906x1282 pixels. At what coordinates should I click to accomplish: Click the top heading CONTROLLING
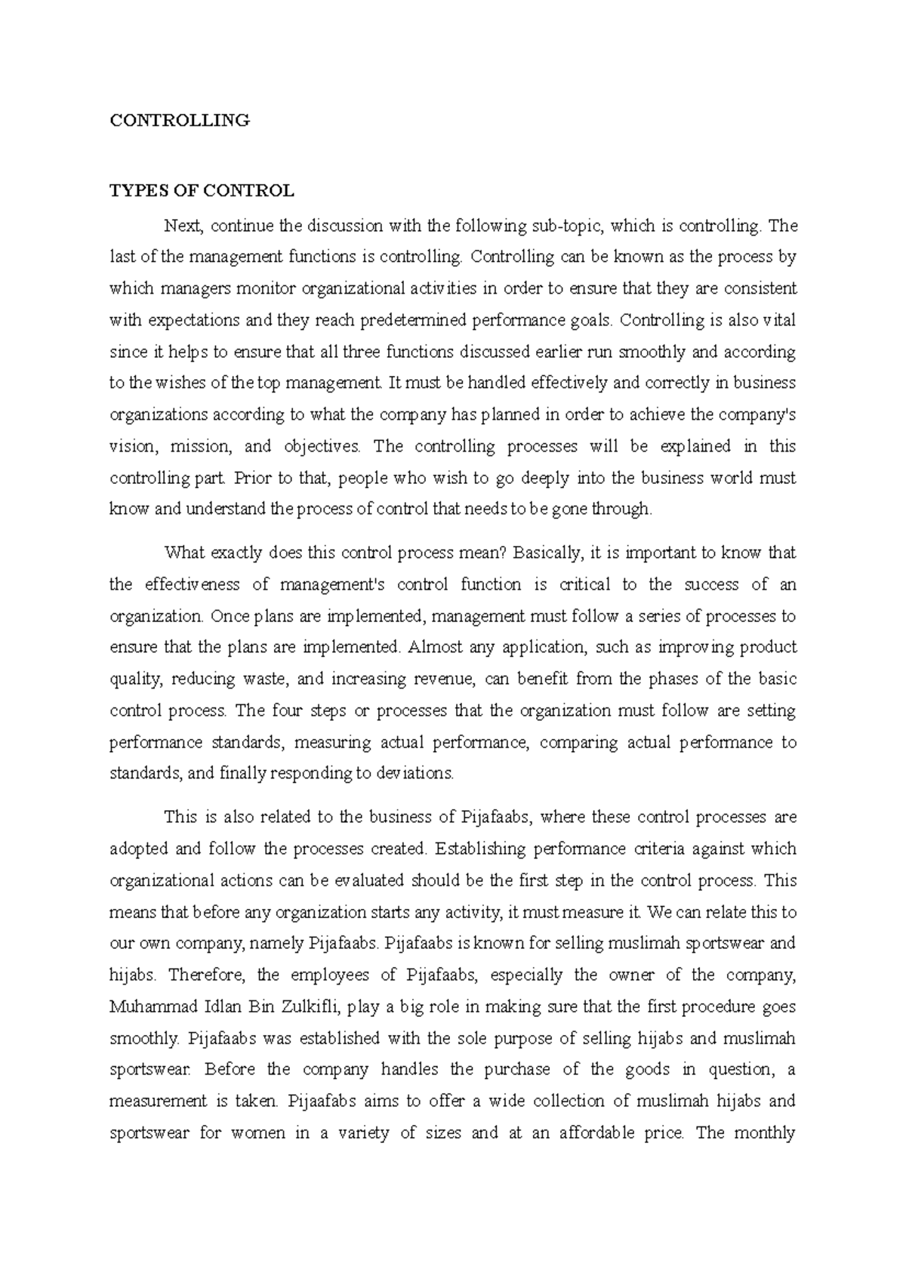pyautogui.click(x=180, y=120)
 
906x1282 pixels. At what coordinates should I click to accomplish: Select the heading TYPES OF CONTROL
pyautogui.click(x=202, y=191)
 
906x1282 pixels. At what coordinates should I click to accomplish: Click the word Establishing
pyautogui.click(x=480, y=849)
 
